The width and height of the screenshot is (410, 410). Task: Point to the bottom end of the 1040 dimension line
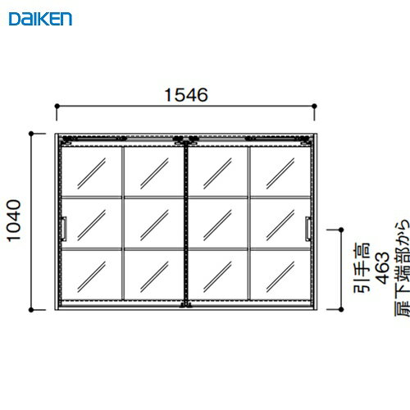click(33, 312)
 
